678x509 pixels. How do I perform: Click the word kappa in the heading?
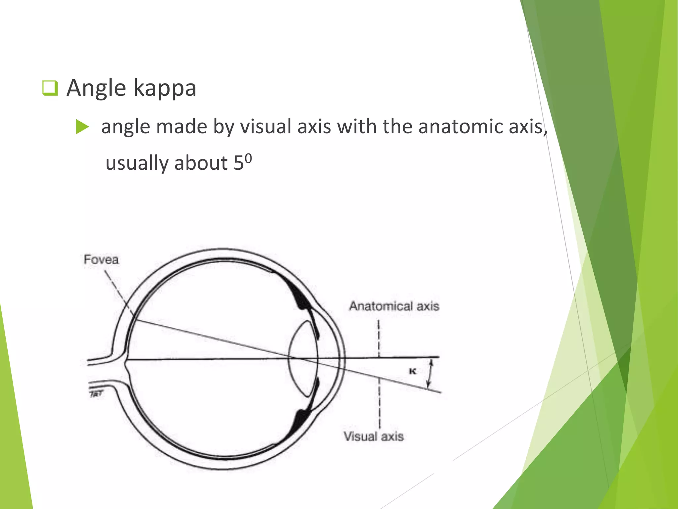click(x=165, y=88)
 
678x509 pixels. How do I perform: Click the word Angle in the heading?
click(x=96, y=88)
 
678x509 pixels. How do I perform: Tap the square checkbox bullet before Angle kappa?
click(x=50, y=88)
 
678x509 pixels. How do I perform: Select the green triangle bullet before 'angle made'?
click(x=82, y=127)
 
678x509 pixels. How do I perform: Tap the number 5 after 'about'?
click(x=239, y=163)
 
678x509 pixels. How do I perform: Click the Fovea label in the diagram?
click(x=101, y=259)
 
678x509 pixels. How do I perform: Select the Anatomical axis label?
click(x=394, y=306)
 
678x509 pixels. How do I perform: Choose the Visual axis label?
click(x=374, y=436)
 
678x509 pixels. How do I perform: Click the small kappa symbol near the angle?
click(x=412, y=371)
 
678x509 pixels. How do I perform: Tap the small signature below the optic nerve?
click(x=96, y=394)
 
